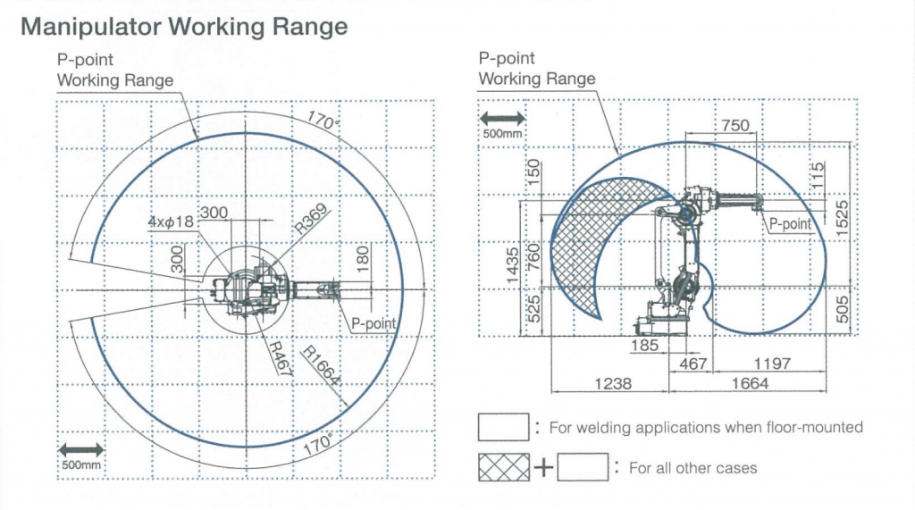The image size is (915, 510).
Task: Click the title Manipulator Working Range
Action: tap(183, 26)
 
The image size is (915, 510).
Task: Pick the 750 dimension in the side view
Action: tap(735, 127)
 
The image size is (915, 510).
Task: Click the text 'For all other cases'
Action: tap(693, 468)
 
